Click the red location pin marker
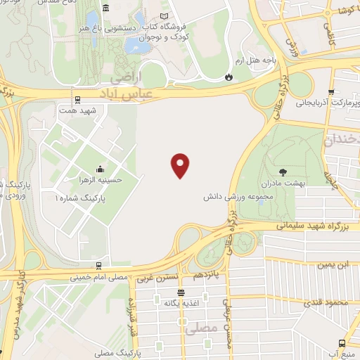(x=181, y=165)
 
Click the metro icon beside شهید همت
(x=77, y=99)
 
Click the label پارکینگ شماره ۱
(x=75, y=200)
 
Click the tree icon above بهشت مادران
(x=283, y=171)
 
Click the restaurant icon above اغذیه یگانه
(x=181, y=292)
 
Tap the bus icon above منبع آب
(x=342, y=342)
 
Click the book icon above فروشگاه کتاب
(x=165, y=15)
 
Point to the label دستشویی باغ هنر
(x=116, y=30)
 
